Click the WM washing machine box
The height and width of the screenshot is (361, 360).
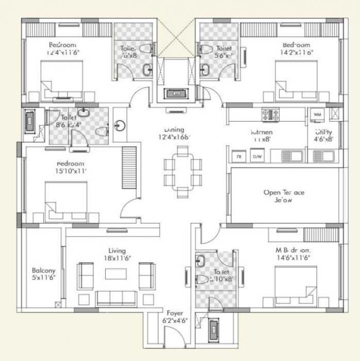(317, 113)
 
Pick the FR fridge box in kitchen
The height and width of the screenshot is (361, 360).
(239, 156)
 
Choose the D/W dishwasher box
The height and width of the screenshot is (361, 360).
(256, 156)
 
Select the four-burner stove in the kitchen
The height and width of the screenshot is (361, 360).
(270, 113)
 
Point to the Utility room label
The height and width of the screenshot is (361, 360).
(324, 136)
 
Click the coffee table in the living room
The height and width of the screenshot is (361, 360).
(116, 274)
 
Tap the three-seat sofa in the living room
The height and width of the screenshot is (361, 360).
(116, 298)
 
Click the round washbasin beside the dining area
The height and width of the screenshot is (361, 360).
(120, 125)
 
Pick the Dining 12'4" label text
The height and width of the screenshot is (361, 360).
(174, 134)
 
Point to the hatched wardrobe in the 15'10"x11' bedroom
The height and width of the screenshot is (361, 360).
(129, 162)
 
